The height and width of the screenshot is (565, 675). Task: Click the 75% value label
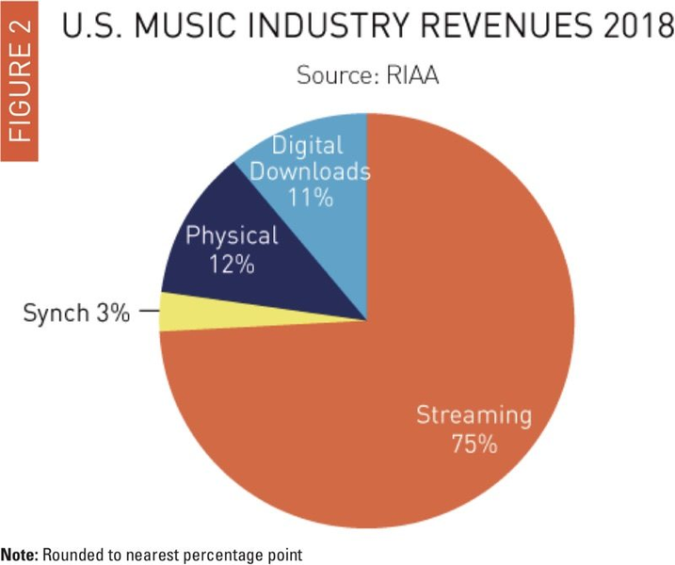point(474,444)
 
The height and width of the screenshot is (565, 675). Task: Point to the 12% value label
point(232,264)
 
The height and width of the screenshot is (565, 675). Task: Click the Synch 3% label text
point(76,313)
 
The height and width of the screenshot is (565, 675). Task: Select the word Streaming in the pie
point(474,415)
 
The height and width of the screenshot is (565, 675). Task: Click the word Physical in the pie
point(232,236)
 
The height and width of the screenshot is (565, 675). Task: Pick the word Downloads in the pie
point(312,172)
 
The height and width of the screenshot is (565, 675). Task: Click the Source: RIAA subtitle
point(368,75)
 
